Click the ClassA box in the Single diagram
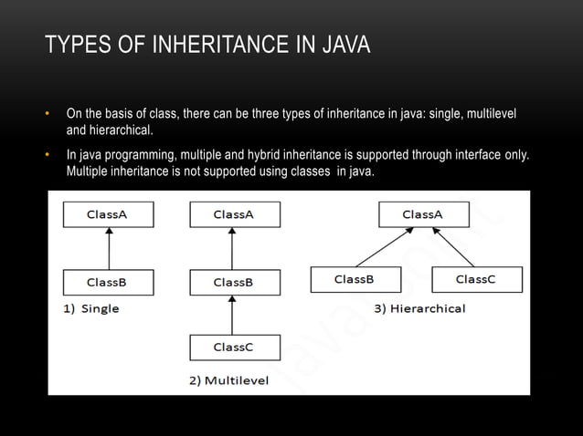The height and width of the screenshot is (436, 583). pyautogui.click(x=108, y=214)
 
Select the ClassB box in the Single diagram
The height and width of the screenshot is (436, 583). pyautogui.click(x=108, y=282)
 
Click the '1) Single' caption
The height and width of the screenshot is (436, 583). pyautogui.click(x=91, y=309)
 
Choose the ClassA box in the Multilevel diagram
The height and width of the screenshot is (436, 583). pyautogui.click(x=234, y=214)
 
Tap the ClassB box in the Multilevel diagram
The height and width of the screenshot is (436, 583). pyautogui.click(x=234, y=282)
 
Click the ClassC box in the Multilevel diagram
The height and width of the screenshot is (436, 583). pyautogui.click(x=234, y=348)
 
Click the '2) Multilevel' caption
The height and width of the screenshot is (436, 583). pyautogui.click(x=229, y=380)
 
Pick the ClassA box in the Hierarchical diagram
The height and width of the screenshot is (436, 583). pyautogui.click(x=423, y=214)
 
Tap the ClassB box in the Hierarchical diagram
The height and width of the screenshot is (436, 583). pyautogui.click(x=355, y=279)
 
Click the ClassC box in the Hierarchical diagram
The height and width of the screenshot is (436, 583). pyautogui.click(x=476, y=279)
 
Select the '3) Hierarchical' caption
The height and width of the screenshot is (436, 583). pyautogui.click(x=419, y=308)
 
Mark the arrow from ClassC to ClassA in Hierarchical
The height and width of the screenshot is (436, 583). pyautogui.click(x=452, y=249)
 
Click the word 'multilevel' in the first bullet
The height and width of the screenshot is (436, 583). pyautogui.click(x=490, y=114)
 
